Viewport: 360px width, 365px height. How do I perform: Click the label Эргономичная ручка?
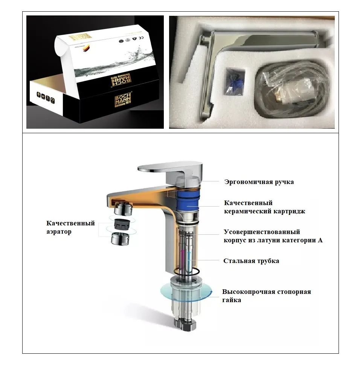259,182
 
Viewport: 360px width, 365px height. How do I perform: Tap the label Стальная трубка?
251,261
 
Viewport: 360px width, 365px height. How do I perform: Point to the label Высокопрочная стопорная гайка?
266,296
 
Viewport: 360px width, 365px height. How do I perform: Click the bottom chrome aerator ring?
121,239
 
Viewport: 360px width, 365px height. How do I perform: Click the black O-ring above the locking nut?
187,271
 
